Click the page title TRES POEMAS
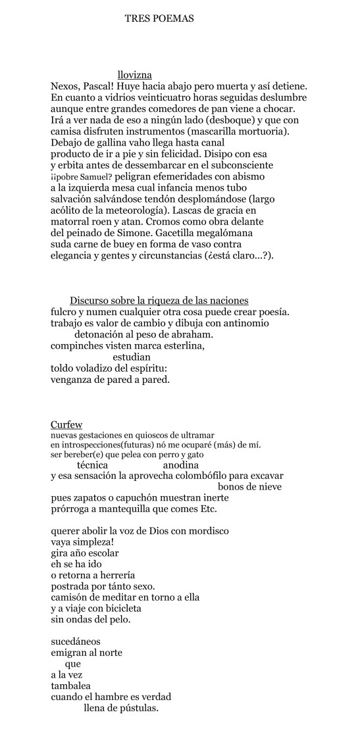click(x=159, y=19)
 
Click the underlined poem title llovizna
click(x=135, y=75)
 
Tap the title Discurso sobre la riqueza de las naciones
click(x=159, y=300)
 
